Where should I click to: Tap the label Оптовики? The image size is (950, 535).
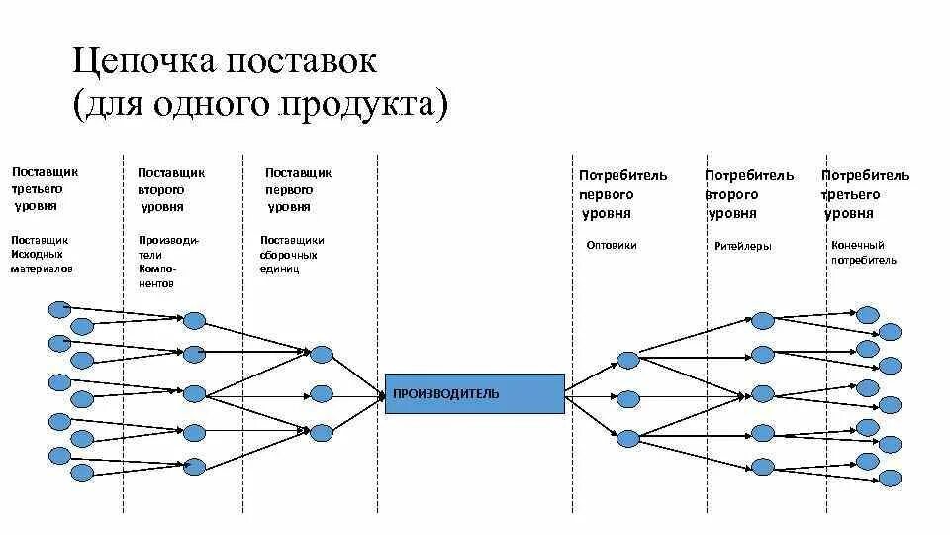(x=612, y=245)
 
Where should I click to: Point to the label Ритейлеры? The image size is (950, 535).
(x=742, y=246)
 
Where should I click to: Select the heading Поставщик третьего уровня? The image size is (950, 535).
(x=45, y=189)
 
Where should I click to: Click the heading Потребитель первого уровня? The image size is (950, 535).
(x=622, y=194)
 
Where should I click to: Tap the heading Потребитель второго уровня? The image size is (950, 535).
(x=748, y=194)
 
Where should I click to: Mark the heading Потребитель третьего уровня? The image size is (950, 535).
(x=864, y=194)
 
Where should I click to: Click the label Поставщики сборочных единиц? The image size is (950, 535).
(x=292, y=255)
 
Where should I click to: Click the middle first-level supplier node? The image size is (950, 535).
(x=321, y=394)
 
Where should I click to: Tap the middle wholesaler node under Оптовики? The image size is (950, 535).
(x=627, y=399)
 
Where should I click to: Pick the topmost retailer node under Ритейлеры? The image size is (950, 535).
(x=762, y=320)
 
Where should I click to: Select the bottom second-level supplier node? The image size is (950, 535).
(x=195, y=467)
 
